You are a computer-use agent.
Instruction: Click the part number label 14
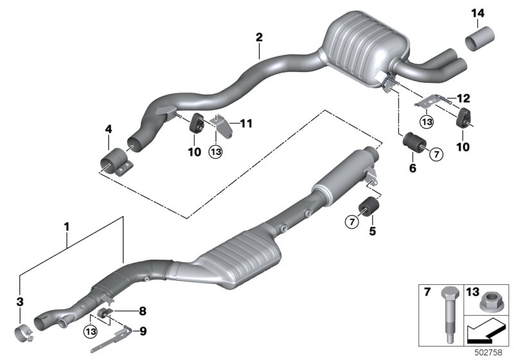tap(477, 14)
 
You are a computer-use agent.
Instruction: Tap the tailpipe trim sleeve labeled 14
tap(480, 39)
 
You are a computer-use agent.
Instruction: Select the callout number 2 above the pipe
tap(259, 37)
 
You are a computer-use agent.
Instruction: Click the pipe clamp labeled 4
tap(116, 162)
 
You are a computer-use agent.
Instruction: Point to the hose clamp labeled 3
tap(24, 334)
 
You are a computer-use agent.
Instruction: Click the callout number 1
tap(67, 226)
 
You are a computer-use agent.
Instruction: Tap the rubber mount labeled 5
tap(369, 206)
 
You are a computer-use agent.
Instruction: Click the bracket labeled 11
tap(223, 126)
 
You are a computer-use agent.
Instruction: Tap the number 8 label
tap(142, 310)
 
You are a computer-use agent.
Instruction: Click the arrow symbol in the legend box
tap(485, 332)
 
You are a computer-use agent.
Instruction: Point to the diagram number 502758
tap(488, 352)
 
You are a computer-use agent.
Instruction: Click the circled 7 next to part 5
tap(351, 222)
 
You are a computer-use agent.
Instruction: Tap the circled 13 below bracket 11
tap(216, 152)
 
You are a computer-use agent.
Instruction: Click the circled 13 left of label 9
tap(91, 332)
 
